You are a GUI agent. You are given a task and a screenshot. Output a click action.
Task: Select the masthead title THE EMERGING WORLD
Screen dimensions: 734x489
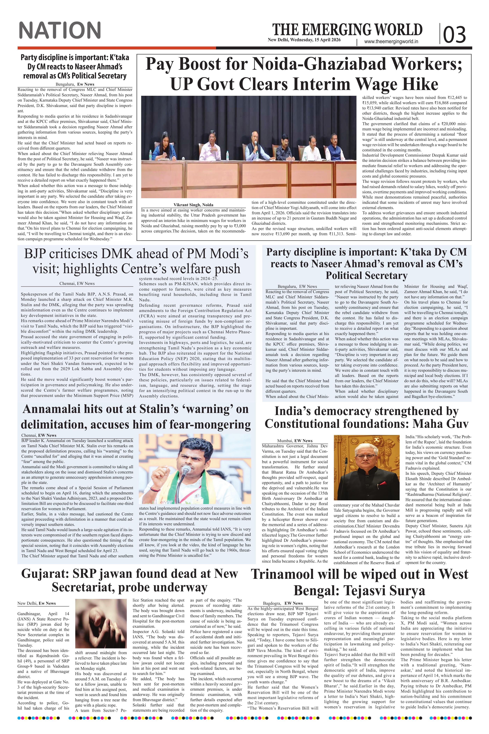click(347, 30)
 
